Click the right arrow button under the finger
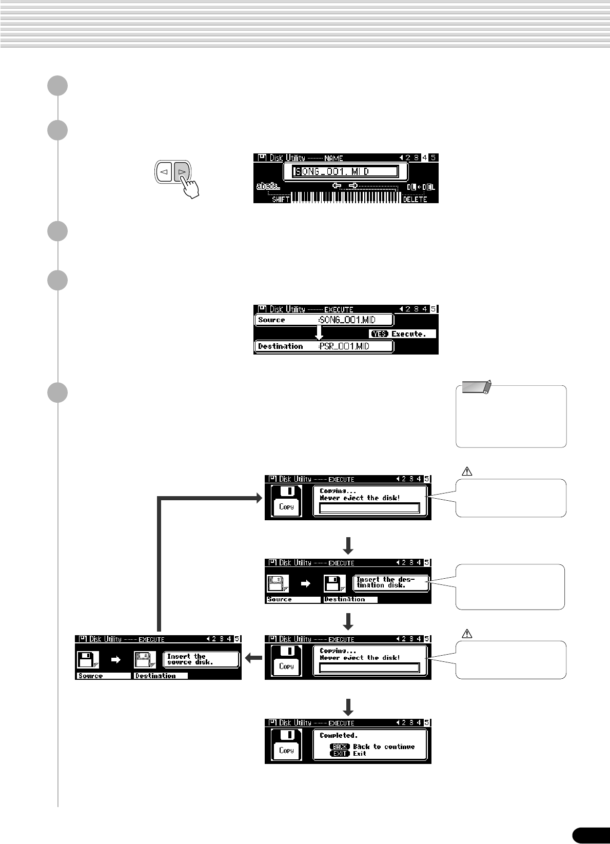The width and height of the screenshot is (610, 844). coord(181,172)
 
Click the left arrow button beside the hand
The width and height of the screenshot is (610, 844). coord(164,172)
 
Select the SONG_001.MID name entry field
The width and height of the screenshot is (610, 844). coord(345,172)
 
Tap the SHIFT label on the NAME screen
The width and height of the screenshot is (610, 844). coord(281,199)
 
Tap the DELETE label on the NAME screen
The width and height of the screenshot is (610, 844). coord(415,199)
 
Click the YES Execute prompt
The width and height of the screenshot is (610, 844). coord(403,334)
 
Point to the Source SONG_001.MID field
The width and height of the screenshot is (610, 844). coord(324,320)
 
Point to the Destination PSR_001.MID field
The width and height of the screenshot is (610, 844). coord(324,346)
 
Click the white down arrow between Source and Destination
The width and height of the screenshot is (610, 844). coord(319,333)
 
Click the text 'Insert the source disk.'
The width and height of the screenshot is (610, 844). coord(190,659)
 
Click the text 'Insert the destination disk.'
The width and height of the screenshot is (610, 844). coord(385,582)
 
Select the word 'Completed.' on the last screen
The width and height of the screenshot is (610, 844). coord(339,735)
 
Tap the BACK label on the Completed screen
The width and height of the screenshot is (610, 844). coord(340,747)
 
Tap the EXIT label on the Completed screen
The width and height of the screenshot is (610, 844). coord(340,754)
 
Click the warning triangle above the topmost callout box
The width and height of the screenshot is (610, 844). coord(467,471)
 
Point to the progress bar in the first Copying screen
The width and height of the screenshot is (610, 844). coord(369,508)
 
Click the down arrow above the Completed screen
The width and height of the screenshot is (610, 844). coord(348,706)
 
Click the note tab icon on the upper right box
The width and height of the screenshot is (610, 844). coord(477,386)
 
